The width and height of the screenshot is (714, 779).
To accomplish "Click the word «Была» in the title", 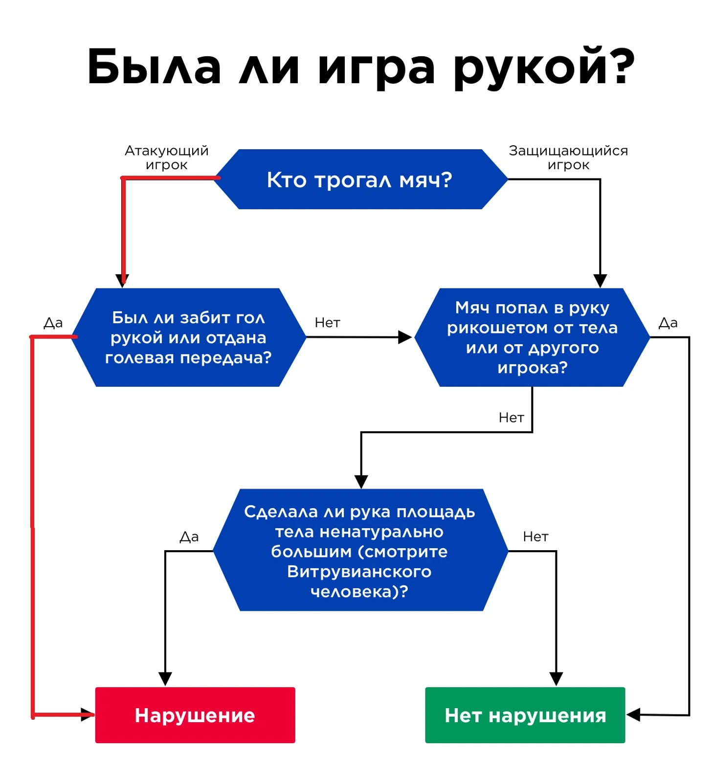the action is [155, 67].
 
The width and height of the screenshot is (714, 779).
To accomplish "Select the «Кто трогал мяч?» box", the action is [361, 179].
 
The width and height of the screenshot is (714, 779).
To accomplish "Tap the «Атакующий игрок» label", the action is [167, 157].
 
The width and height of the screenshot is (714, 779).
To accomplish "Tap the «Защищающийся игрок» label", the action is [568, 157].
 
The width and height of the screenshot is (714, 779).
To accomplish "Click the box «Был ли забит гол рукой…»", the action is [189, 337].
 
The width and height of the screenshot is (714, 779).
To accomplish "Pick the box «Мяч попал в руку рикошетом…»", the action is [532, 337].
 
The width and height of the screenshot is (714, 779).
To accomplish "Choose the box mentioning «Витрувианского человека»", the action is [360, 550].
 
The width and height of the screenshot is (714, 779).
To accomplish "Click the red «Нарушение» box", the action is [195, 715].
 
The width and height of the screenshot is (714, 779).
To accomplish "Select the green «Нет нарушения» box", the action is [525, 715].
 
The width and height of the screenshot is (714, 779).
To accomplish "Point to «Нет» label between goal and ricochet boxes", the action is [327, 323].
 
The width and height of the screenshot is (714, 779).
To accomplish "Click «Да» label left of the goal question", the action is [53, 323].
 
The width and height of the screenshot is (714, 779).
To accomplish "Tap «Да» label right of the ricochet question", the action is [668, 323].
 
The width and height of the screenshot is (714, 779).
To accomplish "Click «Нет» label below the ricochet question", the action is [511, 418].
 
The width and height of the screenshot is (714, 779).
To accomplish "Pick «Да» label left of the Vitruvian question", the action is [189, 537].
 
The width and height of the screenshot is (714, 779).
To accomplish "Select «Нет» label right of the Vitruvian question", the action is [535, 537].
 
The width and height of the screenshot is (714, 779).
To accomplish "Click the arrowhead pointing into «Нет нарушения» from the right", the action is [633, 715].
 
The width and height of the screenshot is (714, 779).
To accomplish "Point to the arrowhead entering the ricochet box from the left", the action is [405, 337].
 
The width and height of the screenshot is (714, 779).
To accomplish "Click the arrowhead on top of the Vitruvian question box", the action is [361, 482].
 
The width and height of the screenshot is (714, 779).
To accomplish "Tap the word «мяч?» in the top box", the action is [425, 180].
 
